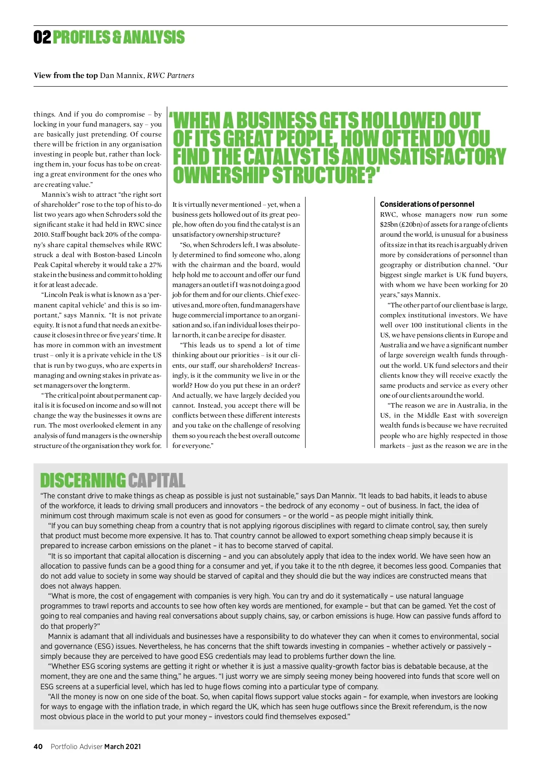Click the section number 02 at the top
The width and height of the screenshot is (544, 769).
[x=42, y=38]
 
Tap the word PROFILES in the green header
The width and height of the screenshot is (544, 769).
[x=81, y=38]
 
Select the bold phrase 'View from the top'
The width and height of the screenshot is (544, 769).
[x=65, y=75]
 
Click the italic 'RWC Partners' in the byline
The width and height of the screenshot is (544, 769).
[x=170, y=75]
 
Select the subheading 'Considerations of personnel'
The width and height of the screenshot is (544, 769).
[x=427, y=204]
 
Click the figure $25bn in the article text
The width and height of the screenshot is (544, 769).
[x=389, y=224]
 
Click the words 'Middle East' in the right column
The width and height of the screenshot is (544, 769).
[x=436, y=415]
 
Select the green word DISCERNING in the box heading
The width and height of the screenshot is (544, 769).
[x=83, y=481]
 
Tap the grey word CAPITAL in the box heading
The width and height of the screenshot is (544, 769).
[x=156, y=481]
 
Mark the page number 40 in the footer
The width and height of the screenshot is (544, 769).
[x=38, y=746]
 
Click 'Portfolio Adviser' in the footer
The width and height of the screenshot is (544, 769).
[x=76, y=746]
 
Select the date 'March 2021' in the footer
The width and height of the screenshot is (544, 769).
[x=122, y=746]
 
